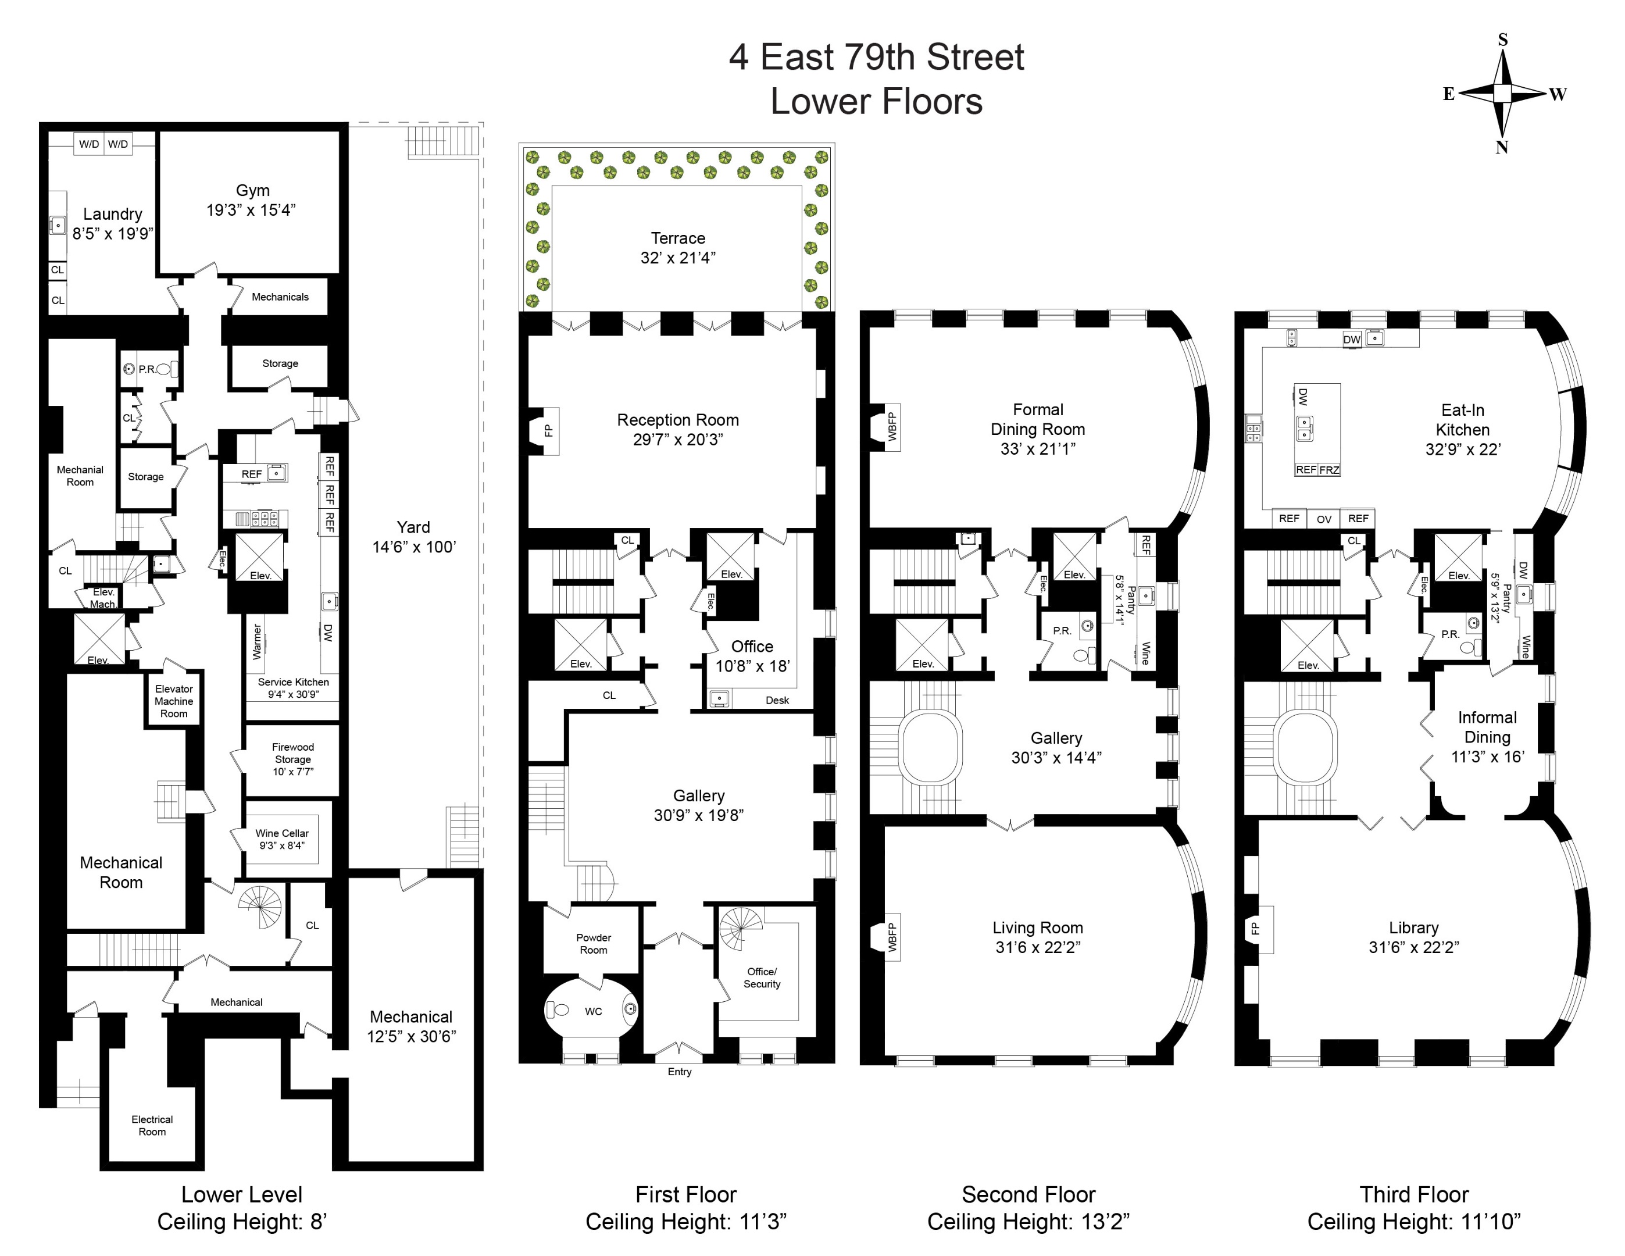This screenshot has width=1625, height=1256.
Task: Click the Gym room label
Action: tap(252, 191)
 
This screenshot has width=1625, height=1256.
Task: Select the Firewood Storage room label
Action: tap(292, 759)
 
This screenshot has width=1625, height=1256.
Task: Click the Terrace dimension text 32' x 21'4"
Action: tap(677, 258)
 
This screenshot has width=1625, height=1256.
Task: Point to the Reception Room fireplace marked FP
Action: tap(549, 430)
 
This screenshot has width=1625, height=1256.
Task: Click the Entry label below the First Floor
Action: tap(679, 1072)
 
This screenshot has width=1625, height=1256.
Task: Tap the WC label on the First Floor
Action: tap(593, 1011)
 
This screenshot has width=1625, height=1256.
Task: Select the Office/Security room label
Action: tap(762, 977)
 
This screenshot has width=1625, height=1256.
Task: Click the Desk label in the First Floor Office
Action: tap(777, 700)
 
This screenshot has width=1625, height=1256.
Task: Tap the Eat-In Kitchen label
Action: tap(1462, 420)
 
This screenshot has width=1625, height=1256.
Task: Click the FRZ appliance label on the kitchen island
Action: tap(1329, 469)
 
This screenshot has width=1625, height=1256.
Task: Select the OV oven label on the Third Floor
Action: tap(1324, 519)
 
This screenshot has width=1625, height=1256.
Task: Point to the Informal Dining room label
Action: tap(1487, 727)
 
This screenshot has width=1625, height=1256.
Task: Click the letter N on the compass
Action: tap(1502, 147)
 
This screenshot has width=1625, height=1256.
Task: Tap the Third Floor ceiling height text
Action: tap(1414, 1222)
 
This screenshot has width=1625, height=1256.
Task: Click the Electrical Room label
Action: tap(152, 1125)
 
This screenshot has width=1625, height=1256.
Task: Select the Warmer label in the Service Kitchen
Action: tap(258, 641)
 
